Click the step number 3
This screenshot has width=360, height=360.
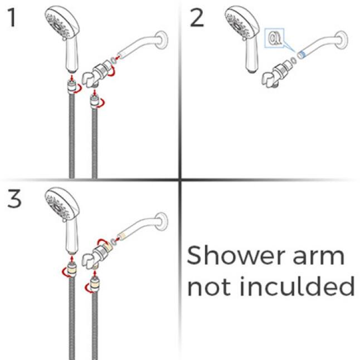pyautogui.click(x=14, y=200)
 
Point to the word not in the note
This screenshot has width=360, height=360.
pyautogui.click(x=206, y=286)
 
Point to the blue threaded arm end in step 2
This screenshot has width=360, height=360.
pyautogui.click(x=302, y=55)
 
